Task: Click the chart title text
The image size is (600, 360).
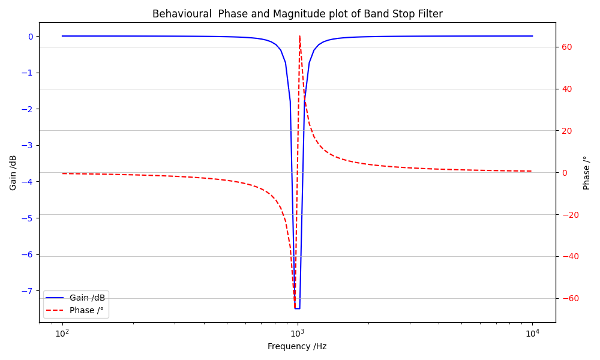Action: point(297,14)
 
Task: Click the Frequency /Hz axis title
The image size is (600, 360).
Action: point(297,346)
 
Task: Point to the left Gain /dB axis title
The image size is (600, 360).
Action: point(13,173)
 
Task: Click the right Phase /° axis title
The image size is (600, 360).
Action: point(587,173)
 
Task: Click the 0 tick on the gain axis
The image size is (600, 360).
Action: point(31,37)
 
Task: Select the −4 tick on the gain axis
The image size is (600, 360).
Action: point(28,182)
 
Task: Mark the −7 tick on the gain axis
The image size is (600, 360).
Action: point(28,291)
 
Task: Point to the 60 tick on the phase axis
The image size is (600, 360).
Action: point(566,47)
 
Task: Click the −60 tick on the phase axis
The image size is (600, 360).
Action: point(568,298)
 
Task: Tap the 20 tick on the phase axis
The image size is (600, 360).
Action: point(566,131)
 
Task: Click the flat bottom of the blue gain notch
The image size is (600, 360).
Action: point(297,308)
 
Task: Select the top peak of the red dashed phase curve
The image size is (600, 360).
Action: point(299,37)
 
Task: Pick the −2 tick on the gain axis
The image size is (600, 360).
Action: point(28,109)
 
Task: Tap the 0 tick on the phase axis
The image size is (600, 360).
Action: point(564,173)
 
